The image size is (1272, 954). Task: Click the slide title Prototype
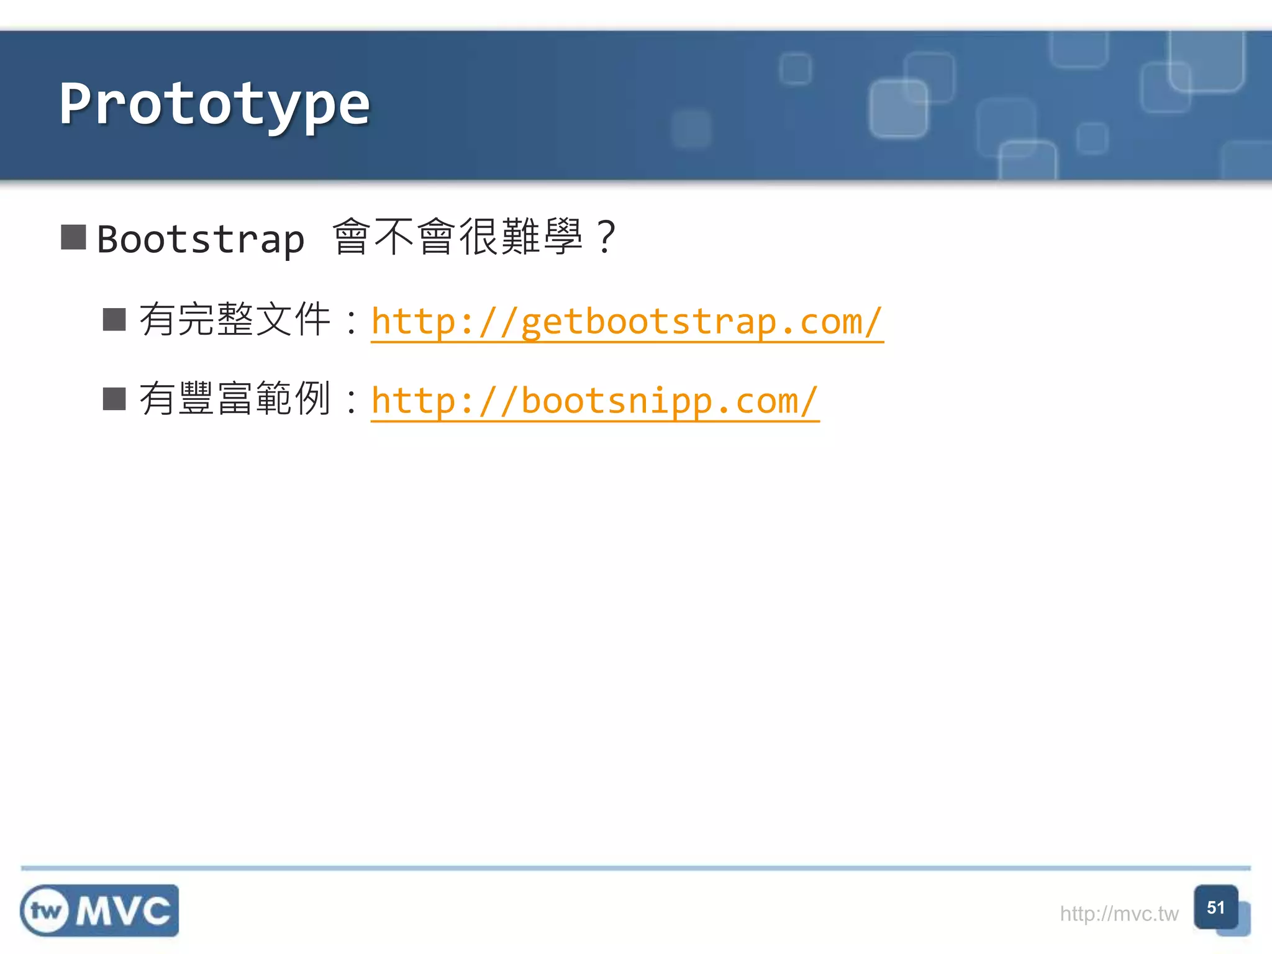click(x=214, y=104)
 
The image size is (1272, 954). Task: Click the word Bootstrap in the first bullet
click(x=201, y=239)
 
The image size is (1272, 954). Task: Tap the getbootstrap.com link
click(x=627, y=322)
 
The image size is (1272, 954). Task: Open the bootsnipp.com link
click(x=594, y=401)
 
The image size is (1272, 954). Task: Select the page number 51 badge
click(x=1215, y=907)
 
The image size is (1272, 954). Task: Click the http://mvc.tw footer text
click(x=1119, y=914)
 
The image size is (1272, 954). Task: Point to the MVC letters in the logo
click(x=123, y=911)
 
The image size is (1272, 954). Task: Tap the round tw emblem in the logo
click(x=46, y=911)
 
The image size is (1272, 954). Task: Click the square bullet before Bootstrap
click(x=73, y=237)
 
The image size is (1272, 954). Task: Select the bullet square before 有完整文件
click(x=114, y=319)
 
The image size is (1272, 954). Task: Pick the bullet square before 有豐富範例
click(x=114, y=399)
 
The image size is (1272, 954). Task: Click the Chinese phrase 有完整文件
click(x=235, y=319)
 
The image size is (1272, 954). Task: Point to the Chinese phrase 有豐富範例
click(x=235, y=399)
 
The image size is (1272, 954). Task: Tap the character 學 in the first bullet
click(x=563, y=237)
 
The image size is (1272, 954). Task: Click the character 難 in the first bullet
click(x=520, y=237)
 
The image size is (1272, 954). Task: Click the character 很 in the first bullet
click(x=478, y=237)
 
